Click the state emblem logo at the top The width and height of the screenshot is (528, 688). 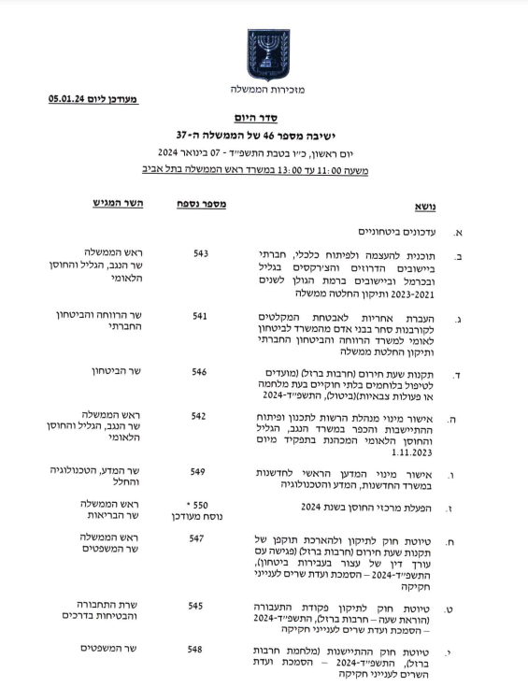click(x=268, y=53)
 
